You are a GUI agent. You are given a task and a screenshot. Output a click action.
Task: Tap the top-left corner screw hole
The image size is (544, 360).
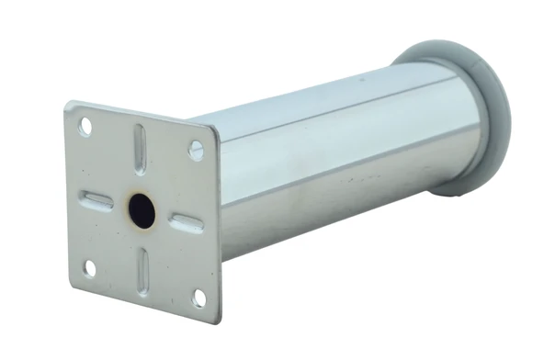point(85,127)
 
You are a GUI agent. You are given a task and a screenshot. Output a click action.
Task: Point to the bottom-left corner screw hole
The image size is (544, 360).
point(90,267)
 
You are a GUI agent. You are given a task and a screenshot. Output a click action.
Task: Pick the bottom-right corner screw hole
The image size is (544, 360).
point(198,297)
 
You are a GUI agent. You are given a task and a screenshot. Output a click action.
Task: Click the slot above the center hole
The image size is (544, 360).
point(140,148)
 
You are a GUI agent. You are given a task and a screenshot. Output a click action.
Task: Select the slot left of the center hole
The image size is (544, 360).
point(96,200)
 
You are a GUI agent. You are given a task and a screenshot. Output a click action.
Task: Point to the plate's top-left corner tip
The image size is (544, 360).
point(68,102)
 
